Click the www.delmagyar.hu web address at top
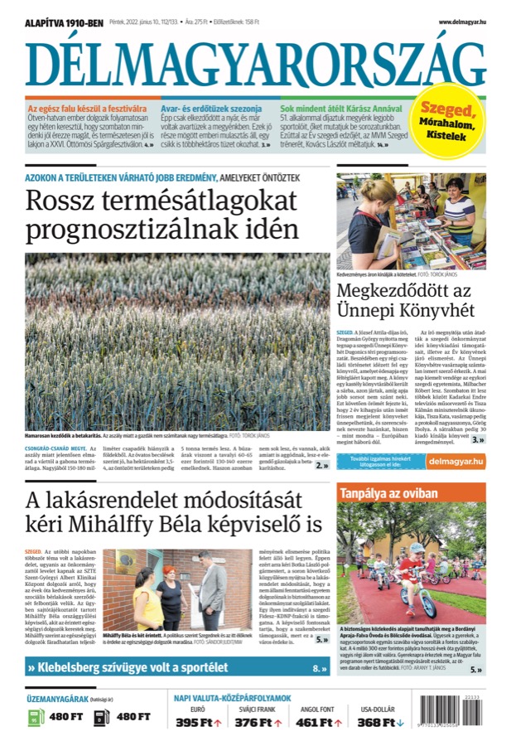[x=461, y=22]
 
